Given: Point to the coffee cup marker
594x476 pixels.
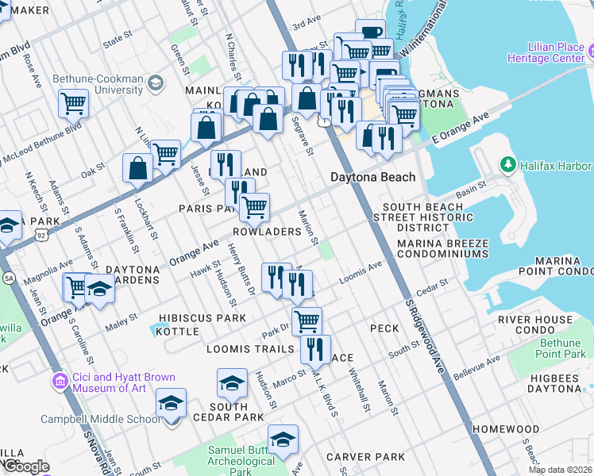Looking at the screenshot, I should pyautogui.click(x=370, y=33).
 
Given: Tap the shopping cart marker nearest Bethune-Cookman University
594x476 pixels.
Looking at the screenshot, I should pyautogui.click(x=72, y=102).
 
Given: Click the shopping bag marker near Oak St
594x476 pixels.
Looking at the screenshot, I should pyautogui.click(x=137, y=168).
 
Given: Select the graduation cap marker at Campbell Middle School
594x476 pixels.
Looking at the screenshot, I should pyautogui.click(x=172, y=403).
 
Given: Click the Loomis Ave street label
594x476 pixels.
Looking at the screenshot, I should pyautogui.click(x=361, y=274).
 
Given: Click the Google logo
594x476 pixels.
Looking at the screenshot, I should pyautogui.click(x=26, y=466).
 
